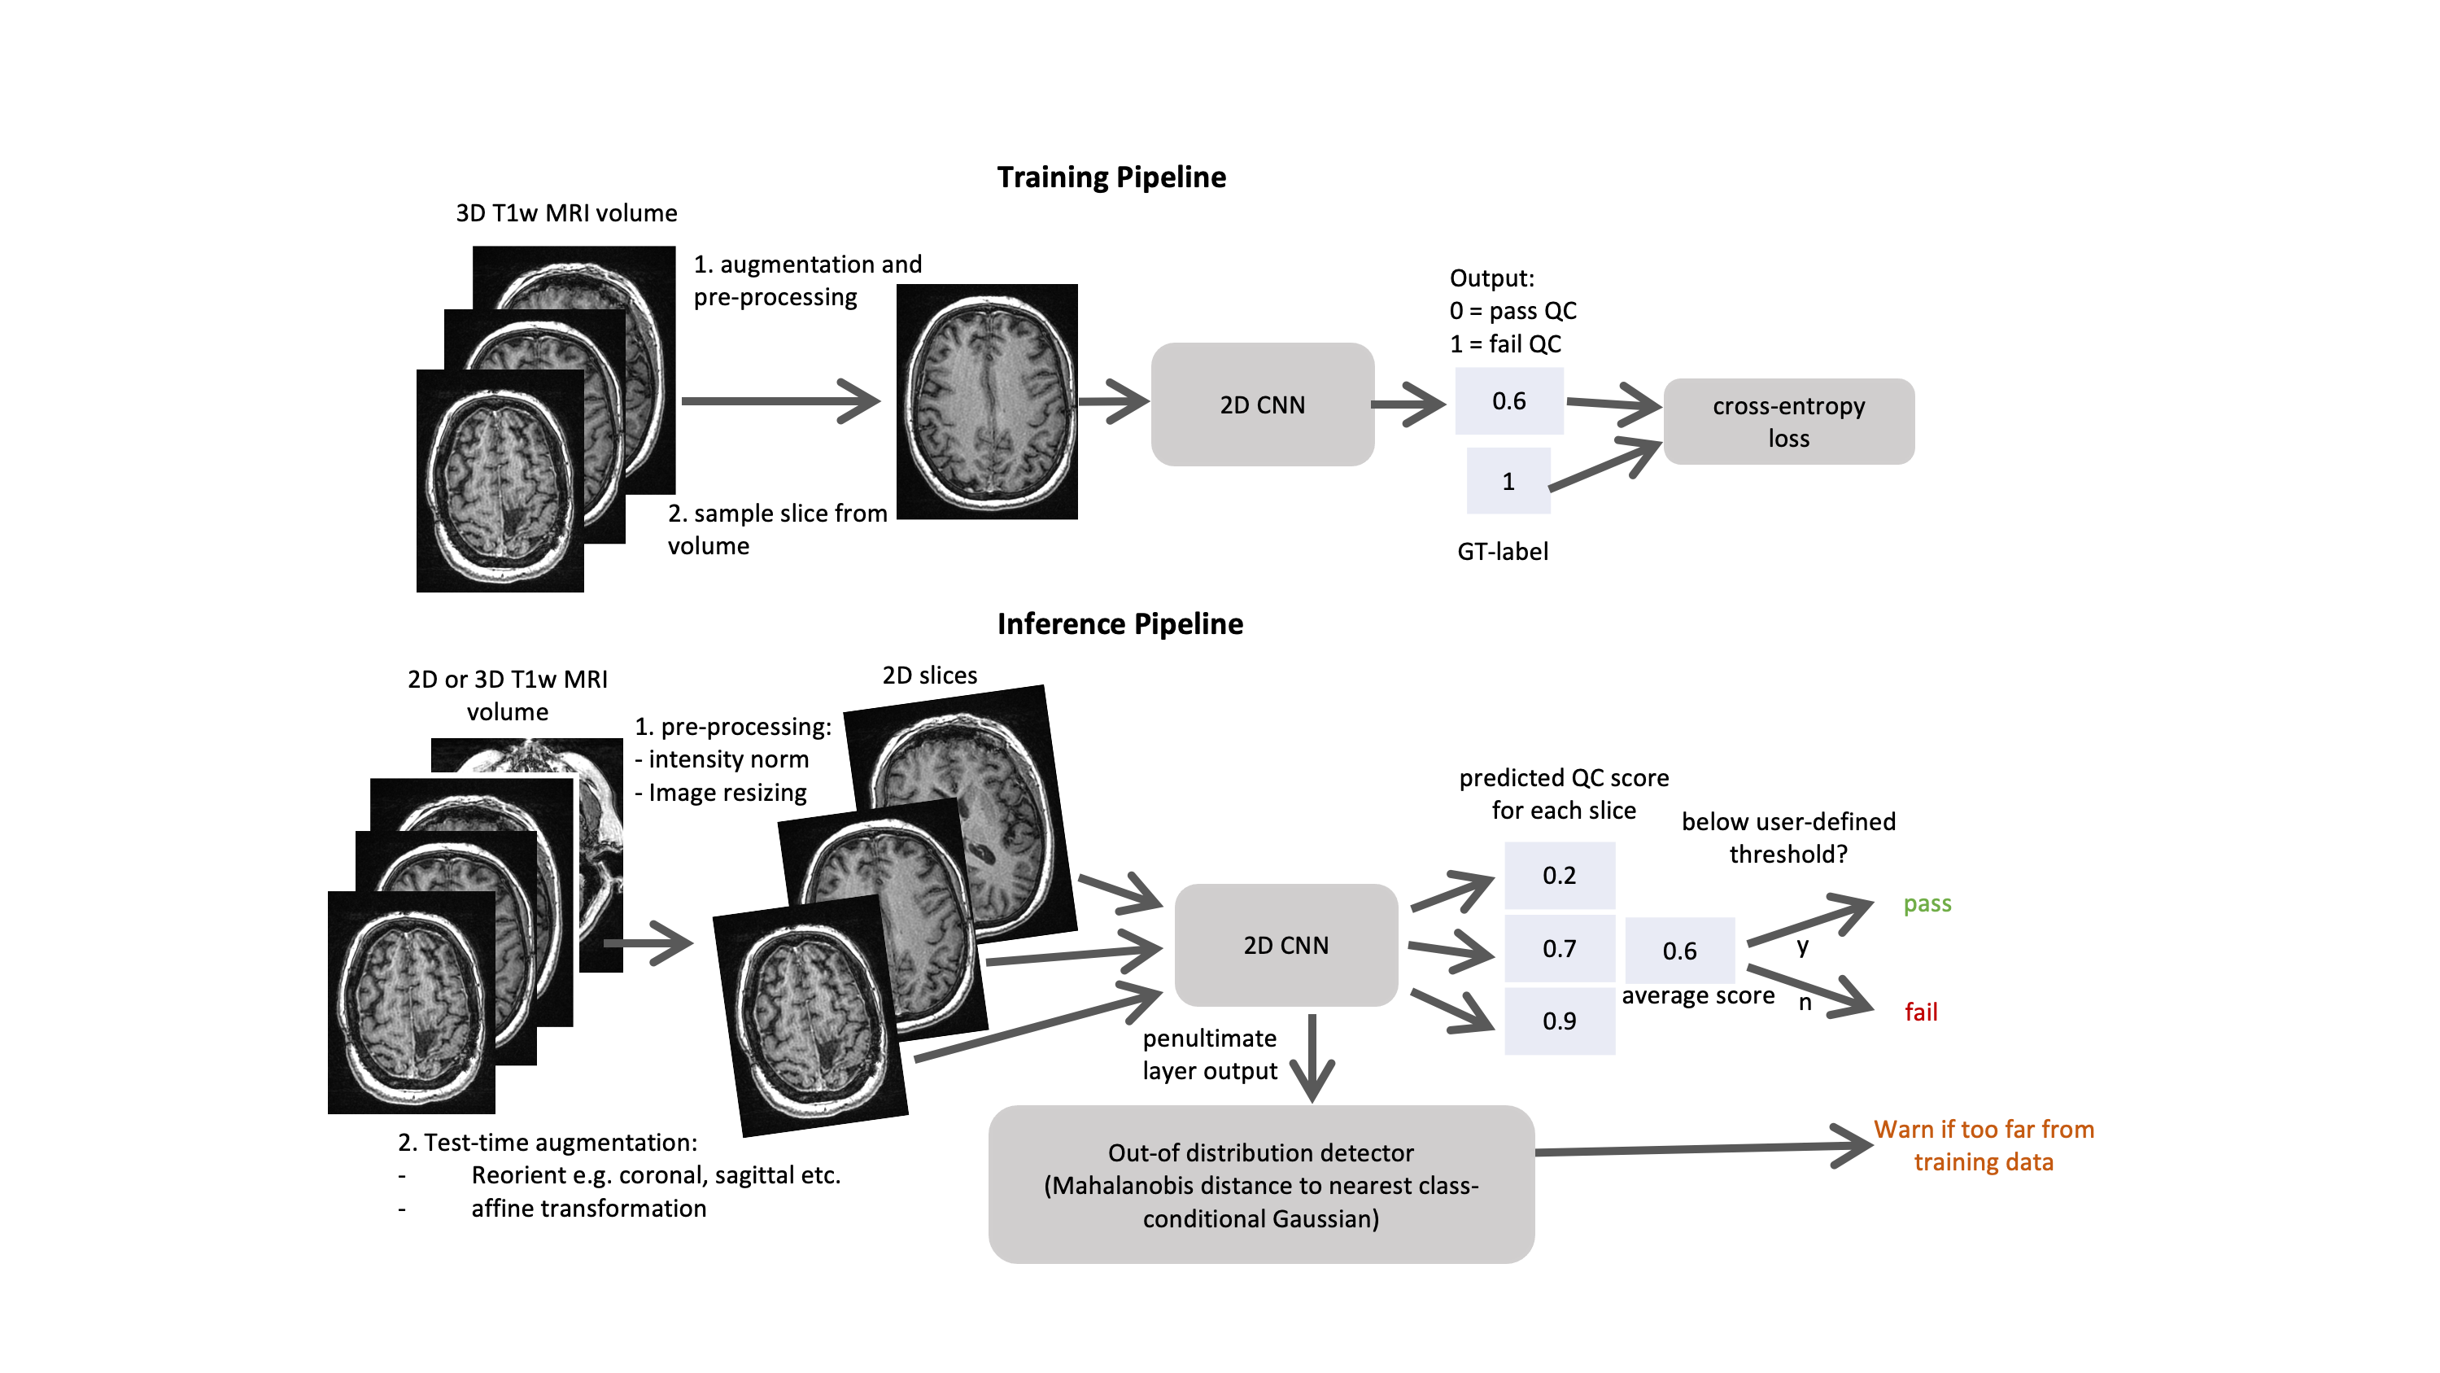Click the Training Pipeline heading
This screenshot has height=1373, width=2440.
click(1111, 177)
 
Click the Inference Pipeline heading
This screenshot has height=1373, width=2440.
click(1120, 623)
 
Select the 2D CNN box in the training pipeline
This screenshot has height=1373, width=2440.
click(1262, 404)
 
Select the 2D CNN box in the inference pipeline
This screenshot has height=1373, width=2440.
click(1285, 945)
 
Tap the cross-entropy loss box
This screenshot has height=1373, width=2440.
click(1788, 422)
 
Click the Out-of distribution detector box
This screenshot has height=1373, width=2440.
click(1261, 1184)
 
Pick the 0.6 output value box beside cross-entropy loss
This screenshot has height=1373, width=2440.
click(1509, 400)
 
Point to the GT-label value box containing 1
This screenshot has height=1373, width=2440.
click(1508, 481)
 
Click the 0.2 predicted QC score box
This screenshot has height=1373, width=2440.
click(1559, 875)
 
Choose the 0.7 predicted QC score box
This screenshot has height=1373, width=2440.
click(1559, 947)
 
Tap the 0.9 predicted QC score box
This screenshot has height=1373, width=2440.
click(1559, 1021)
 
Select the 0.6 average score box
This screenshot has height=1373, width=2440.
click(1679, 951)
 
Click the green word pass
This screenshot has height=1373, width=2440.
click(1927, 903)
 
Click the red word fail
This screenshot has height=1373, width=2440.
click(1920, 1012)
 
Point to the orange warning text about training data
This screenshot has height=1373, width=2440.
click(1984, 1146)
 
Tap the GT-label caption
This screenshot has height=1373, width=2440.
click(1502, 552)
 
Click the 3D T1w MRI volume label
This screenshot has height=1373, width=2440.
click(566, 213)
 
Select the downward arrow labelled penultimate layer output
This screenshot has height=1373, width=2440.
click(1312, 1056)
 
